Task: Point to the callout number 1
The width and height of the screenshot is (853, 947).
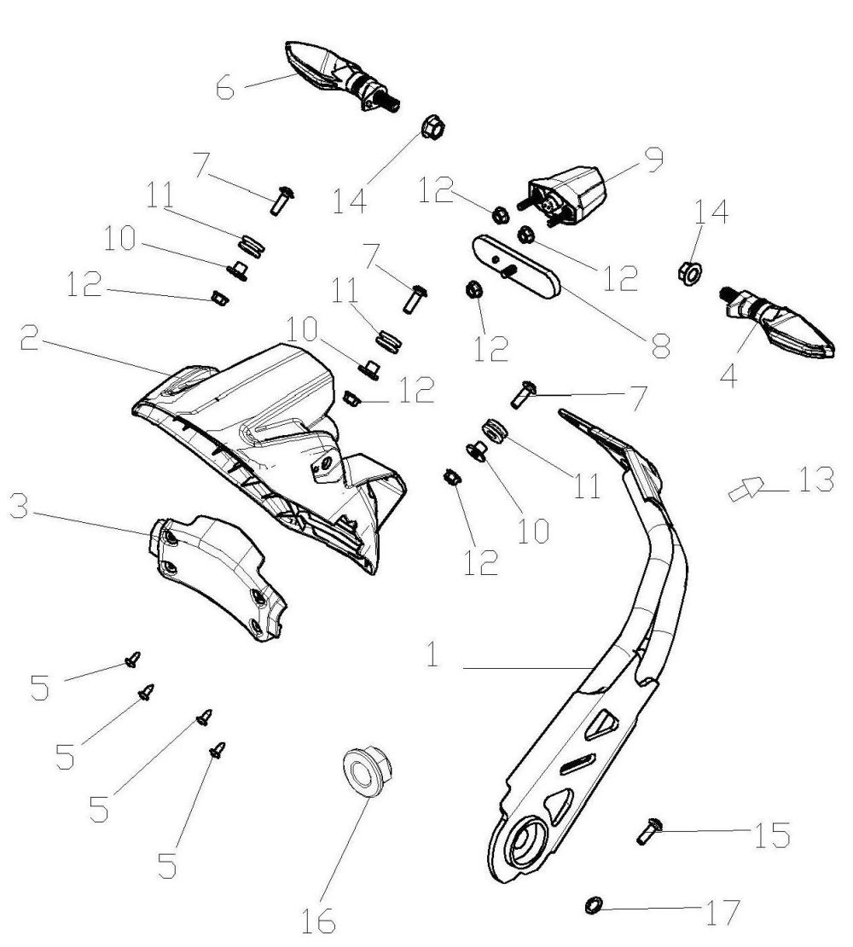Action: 435,657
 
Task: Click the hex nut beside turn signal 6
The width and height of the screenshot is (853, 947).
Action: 432,130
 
